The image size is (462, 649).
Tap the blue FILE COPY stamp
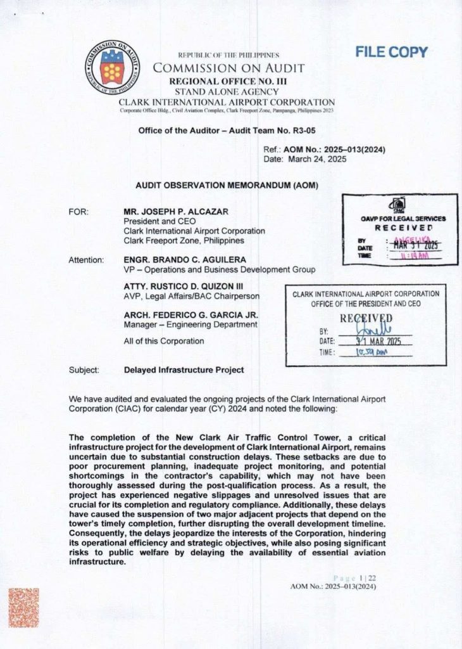tap(391, 52)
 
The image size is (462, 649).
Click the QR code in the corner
tap(24, 608)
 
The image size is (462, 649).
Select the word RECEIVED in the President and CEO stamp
tap(366, 318)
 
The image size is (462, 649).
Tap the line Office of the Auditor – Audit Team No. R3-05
tap(227, 130)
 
